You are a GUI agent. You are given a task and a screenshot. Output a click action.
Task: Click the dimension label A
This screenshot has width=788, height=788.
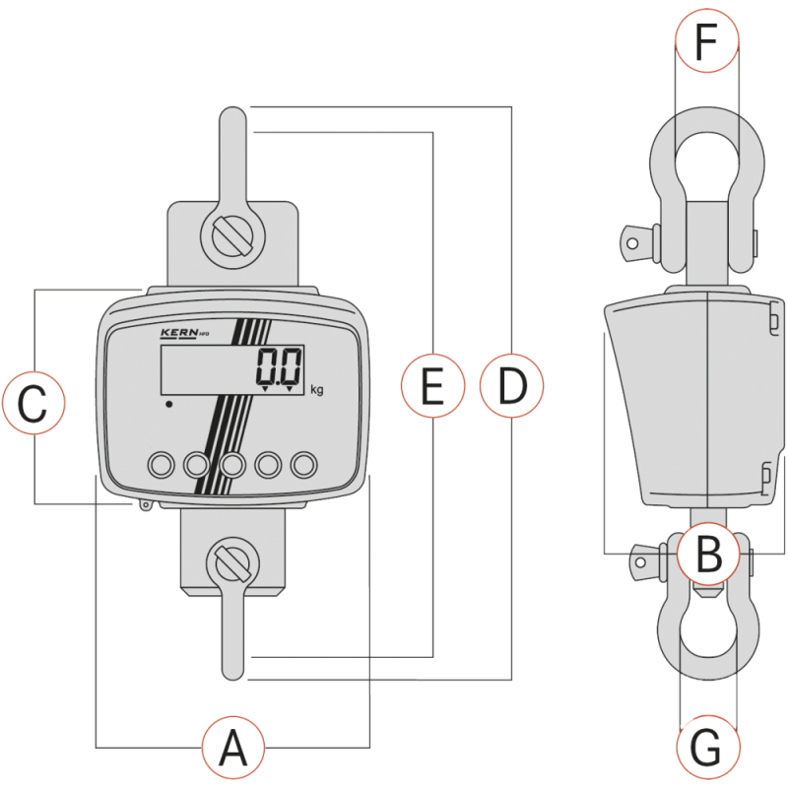click(233, 748)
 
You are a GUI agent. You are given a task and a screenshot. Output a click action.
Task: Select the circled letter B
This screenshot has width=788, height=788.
click(706, 555)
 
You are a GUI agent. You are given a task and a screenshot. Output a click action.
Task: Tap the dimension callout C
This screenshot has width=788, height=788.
click(33, 403)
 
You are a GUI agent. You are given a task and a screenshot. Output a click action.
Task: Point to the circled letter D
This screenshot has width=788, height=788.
click(511, 384)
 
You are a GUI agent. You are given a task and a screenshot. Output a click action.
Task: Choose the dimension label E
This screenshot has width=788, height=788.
click(433, 384)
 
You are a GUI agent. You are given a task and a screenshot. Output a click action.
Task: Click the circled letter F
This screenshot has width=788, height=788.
click(705, 42)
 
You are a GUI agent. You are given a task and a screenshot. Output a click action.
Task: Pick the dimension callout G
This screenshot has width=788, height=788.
click(707, 749)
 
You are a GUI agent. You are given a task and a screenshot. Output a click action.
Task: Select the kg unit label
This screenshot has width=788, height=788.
click(317, 389)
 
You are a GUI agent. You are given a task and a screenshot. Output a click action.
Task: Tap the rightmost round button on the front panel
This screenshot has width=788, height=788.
click(305, 463)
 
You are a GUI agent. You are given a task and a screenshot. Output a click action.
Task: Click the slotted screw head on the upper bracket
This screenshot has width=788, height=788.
click(233, 235)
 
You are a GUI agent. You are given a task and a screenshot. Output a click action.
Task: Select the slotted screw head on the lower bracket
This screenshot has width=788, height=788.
click(233, 562)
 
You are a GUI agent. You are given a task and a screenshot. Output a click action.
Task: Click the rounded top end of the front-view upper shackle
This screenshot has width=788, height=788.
click(233, 116)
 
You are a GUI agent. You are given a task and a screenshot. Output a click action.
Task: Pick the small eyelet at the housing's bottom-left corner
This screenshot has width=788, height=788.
click(147, 506)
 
